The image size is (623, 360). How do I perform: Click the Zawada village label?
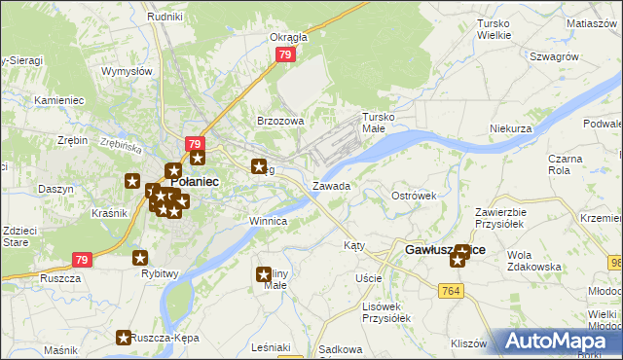click(x=331, y=185)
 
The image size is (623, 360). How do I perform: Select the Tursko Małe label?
click(x=380, y=122)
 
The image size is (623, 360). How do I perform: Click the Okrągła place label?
click(x=288, y=37)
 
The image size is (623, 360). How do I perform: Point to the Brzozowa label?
click(x=280, y=121)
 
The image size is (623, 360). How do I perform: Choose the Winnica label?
click(x=268, y=221)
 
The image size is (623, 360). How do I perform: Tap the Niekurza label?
click(x=511, y=128)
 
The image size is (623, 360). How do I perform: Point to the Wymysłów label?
click(x=127, y=71)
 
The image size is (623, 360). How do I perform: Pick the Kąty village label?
click(x=354, y=246)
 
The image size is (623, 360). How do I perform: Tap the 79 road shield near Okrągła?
click(x=284, y=55)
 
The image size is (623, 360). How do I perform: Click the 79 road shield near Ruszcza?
click(x=82, y=260)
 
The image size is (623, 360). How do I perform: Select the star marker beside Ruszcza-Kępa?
click(x=124, y=339)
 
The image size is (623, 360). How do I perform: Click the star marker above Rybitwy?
click(x=140, y=258)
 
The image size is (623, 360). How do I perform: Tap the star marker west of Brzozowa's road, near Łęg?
click(x=260, y=166)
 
